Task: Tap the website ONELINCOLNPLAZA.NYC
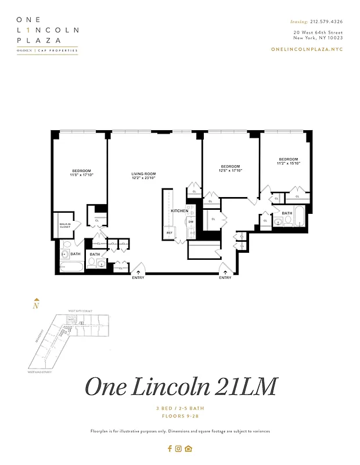coord(307,49)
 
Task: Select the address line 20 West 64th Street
coord(318,33)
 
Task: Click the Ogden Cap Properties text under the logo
coord(47,51)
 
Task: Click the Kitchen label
coord(179,210)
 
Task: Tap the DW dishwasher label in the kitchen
coord(190,222)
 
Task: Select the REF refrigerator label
coord(170,233)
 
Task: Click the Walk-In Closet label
coord(66,226)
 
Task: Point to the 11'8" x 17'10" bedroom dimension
coord(82,174)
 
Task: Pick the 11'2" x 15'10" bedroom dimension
coord(288,163)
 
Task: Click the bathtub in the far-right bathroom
coord(300,217)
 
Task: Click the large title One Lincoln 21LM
coord(181,387)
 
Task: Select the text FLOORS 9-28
coord(181,417)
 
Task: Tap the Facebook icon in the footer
coord(170,448)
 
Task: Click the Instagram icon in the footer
coord(179,448)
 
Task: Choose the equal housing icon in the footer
coord(188,448)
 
